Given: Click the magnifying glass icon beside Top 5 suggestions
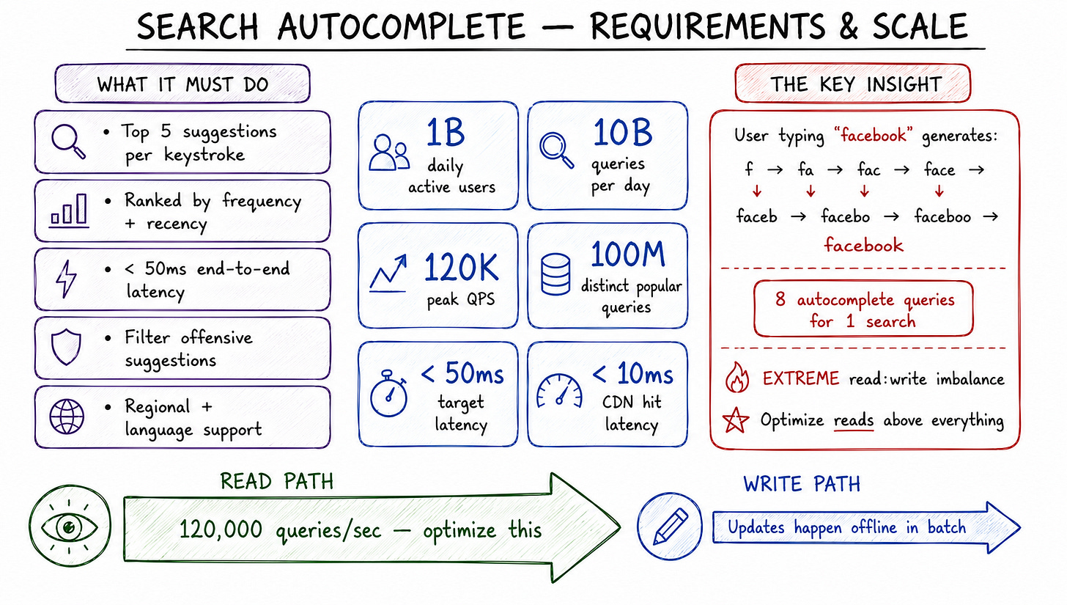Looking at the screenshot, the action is [x=68, y=142].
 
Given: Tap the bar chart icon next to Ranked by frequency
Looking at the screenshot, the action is [x=70, y=210].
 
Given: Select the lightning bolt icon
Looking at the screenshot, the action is [x=66, y=279].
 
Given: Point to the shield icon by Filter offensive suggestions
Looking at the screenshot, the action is [x=66, y=347].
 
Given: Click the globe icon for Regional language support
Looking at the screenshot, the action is [x=67, y=417].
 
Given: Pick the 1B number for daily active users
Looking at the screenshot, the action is [x=446, y=132].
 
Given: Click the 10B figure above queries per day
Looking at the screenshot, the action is [x=623, y=132].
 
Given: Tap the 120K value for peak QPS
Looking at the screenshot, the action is [x=461, y=268].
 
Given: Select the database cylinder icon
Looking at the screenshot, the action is [x=555, y=274].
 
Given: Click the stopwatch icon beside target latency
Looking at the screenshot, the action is [x=388, y=393].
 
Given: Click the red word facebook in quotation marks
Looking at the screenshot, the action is [x=873, y=136].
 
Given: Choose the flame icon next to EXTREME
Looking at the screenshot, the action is [x=737, y=377].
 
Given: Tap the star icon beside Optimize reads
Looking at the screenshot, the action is [x=736, y=420].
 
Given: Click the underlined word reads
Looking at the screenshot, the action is [x=854, y=420].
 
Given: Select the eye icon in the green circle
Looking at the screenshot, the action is [x=70, y=527].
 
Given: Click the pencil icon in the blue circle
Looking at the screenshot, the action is [x=670, y=527].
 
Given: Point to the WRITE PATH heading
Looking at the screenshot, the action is [x=802, y=485].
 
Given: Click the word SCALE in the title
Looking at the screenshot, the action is [x=919, y=26].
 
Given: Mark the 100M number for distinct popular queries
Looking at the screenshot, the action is [x=628, y=254].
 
